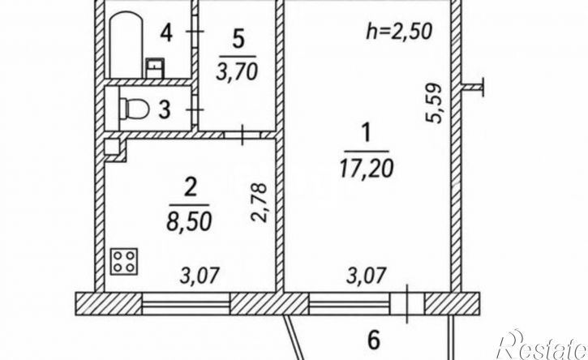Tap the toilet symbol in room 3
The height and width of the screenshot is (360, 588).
point(135,109)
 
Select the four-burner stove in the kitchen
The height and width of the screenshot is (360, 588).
point(124,261)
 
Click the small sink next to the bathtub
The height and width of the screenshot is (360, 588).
point(155,68)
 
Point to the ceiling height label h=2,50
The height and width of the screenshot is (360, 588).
point(399,31)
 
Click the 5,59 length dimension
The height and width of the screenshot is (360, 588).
point(434,103)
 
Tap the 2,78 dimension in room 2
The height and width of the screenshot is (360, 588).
point(259,203)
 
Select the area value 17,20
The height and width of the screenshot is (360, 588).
point(367,168)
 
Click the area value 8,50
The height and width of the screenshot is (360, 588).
point(189,221)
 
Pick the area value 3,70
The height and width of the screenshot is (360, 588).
point(237,71)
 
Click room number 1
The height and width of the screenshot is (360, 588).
point(367,134)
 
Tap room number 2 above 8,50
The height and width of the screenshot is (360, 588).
point(190,188)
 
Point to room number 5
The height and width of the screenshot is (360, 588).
point(238,40)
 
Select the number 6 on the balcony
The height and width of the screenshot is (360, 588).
point(374,340)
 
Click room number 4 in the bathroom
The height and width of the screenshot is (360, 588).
point(166,33)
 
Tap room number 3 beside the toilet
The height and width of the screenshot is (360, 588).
point(165,110)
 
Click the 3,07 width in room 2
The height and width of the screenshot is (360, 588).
point(199,276)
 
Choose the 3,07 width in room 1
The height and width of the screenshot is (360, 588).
point(366,275)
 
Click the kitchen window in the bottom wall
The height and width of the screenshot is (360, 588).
point(186,303)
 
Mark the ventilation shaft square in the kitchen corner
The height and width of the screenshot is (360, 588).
point(112,147)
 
